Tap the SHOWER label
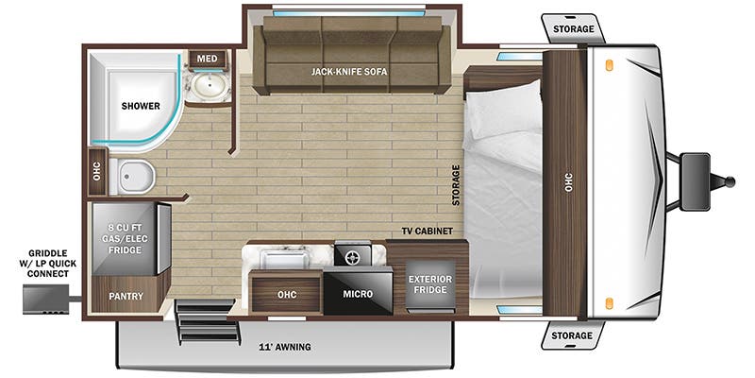point(139,106)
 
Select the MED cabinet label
point(208,59)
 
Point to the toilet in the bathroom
point(132,176)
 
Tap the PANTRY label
point(126,297)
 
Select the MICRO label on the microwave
point(357,294)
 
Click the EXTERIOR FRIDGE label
point(429,284)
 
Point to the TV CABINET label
point(427,232)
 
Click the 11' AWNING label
point(285,347)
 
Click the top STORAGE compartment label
point(574,29)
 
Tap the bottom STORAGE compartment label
point(574,335)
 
